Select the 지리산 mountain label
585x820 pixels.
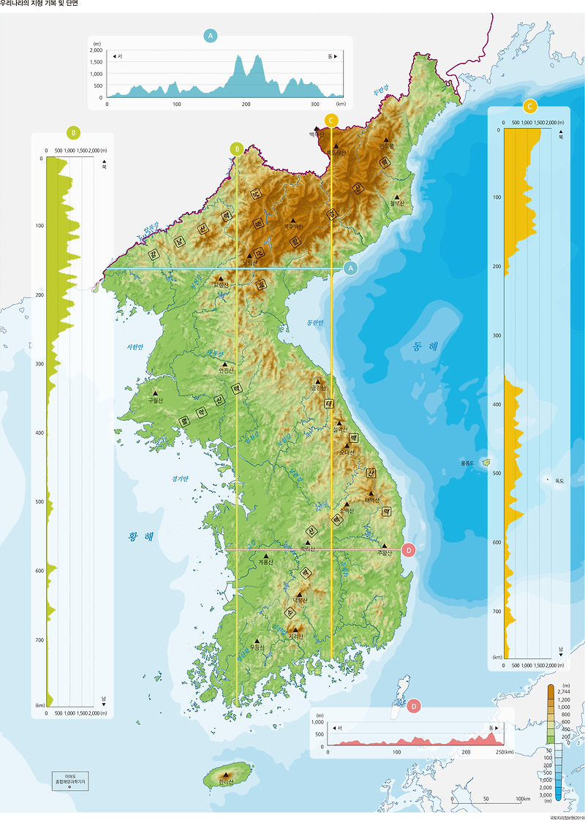coord(296,636)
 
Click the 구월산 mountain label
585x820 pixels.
coord(156,400)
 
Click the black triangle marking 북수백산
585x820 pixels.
coord(293,220)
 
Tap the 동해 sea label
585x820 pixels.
coord(423,346)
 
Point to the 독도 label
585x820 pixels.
coord(559,481)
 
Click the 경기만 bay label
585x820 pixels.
coord(180,479)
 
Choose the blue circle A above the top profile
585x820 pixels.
coord(211,35)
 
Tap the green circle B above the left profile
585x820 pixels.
coord(72,132)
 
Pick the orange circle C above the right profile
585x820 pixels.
coord(531,105)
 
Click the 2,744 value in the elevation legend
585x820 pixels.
coord(563,691)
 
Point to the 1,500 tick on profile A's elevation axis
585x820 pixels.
coord(97,63)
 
